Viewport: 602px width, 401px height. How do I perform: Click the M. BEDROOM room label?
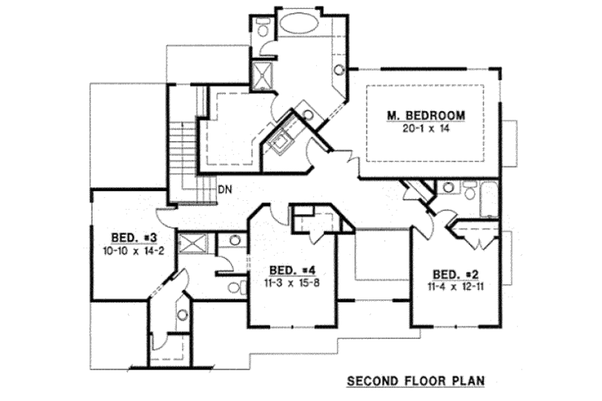pos(425,116)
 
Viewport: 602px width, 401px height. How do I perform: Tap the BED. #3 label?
pos(128,235)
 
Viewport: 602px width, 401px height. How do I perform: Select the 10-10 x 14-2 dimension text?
pos(128,247)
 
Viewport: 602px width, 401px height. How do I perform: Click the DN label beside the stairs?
pos(223,190)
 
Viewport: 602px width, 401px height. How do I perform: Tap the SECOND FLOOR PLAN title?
pos(415,381)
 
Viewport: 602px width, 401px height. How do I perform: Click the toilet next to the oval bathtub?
pos(262,29)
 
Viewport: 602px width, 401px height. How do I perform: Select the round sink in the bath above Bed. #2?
pos(448,187)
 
